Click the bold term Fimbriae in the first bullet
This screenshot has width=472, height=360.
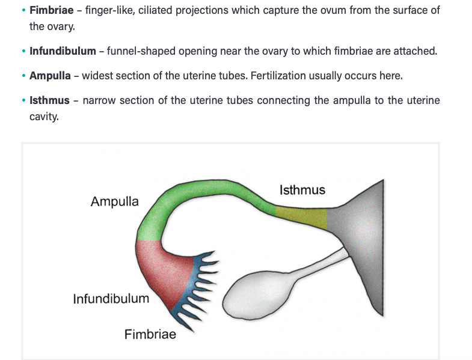[51, 11]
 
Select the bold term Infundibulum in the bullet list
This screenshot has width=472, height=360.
[63, 51]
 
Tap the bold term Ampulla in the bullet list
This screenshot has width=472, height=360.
[50, 76]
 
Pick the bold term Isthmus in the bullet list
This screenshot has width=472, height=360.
[49, 100]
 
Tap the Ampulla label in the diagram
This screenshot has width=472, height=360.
[114, 201]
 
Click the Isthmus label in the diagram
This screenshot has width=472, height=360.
[302, 190]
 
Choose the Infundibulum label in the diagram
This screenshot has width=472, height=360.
[111, 299]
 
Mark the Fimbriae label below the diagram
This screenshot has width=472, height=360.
[150, 334]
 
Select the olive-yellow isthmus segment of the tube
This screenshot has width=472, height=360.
[301, 218]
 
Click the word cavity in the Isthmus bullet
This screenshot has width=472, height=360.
[44, 117]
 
